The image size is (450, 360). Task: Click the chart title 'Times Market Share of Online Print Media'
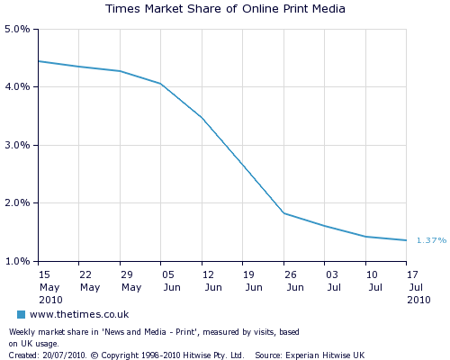pos(225,9)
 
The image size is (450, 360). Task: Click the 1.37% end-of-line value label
pos(431,240)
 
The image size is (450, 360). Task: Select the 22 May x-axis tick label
pos(89,280)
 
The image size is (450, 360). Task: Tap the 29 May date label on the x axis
pos(130,280)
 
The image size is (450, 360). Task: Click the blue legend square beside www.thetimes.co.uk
pos(22,314)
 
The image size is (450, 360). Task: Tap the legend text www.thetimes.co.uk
pos(79,314)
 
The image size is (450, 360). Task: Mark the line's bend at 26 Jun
pos(284,213)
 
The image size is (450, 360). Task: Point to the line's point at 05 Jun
pos(161,84)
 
